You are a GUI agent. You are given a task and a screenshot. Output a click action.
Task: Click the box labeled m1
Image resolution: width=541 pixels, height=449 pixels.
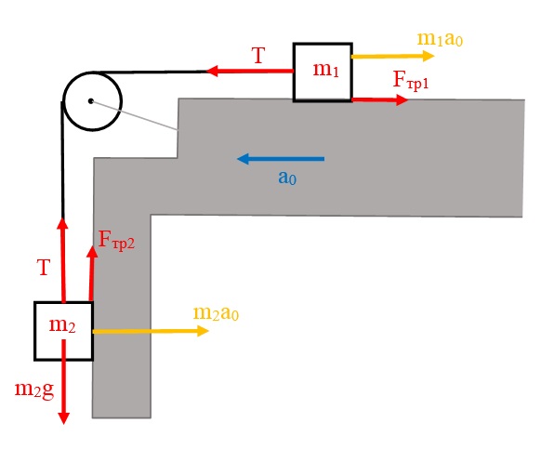323,73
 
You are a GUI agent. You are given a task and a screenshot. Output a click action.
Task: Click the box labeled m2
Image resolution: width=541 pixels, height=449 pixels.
64,331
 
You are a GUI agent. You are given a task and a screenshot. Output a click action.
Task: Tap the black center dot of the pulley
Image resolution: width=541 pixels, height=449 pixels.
91,101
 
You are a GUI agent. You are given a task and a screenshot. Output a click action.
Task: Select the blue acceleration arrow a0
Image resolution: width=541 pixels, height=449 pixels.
281,159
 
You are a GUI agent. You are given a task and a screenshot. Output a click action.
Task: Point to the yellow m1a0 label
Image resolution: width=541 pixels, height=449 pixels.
440,39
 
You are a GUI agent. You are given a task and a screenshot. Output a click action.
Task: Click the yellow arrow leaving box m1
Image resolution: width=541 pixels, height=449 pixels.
393,56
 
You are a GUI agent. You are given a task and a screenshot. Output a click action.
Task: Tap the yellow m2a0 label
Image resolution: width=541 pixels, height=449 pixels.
216,313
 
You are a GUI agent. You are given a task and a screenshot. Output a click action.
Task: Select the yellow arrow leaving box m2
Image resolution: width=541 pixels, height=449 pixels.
151,331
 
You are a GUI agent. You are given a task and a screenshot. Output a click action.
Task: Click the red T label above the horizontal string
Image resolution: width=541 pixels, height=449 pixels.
258,56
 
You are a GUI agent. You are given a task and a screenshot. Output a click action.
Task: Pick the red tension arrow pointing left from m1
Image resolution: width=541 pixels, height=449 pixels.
250,71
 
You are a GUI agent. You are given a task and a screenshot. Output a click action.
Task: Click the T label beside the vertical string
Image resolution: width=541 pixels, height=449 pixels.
44,268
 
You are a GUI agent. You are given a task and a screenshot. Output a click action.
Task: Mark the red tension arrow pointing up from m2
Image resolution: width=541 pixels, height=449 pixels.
63,259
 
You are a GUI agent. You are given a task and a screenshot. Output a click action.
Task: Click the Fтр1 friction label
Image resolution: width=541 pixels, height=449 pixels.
411,80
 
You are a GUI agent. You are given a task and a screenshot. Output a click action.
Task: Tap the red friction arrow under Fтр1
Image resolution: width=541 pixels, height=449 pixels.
380,100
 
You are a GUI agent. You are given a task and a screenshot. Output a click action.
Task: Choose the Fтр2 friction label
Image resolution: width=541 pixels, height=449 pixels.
116,240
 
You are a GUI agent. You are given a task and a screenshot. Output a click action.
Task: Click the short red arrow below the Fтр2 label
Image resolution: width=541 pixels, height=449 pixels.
92,273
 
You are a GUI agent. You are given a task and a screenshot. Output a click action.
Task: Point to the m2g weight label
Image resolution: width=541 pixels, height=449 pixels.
34,390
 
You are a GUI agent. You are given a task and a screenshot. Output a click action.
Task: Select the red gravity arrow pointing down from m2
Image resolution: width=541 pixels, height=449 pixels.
64,382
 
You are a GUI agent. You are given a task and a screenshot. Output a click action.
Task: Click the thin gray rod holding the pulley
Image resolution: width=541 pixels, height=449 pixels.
135,115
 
